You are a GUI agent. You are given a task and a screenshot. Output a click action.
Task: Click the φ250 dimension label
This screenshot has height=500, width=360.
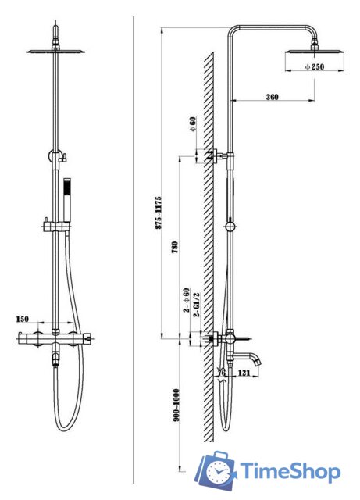coord(314,67)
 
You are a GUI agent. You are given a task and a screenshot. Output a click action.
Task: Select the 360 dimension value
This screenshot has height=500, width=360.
coord(272,97)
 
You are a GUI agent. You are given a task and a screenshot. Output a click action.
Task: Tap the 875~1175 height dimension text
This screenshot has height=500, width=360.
coord(159,213)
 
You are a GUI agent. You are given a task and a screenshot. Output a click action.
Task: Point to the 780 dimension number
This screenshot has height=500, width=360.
coord(175,248)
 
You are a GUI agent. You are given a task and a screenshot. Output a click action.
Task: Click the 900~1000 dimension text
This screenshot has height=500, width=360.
coord(176,405)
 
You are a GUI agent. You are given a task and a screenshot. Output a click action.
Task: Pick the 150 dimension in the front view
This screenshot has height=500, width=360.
coord(23,319)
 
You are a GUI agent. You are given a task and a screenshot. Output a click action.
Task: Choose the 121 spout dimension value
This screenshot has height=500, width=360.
coord(244,373)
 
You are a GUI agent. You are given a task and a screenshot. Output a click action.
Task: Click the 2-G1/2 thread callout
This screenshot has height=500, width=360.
coord(197,305)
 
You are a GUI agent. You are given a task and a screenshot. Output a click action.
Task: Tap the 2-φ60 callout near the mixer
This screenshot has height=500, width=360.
coord(186,300)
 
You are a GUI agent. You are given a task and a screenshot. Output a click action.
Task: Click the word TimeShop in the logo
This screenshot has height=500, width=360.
coord(290,471)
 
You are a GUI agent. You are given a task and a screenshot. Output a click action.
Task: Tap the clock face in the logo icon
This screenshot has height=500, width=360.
coord(219,472)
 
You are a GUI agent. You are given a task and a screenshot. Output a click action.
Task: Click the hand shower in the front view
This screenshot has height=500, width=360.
coord(67,200)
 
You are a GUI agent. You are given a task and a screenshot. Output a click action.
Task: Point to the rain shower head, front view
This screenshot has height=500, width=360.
coord(55,51)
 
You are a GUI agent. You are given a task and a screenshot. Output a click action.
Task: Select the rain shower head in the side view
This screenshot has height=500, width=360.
coord(315,51)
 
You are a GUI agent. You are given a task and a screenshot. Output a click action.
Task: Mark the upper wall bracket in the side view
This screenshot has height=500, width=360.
coord(218,156)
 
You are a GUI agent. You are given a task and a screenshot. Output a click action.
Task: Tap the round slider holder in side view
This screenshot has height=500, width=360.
coord(230,227)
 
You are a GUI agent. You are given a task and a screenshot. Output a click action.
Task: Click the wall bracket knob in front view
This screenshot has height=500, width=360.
coord(66,157)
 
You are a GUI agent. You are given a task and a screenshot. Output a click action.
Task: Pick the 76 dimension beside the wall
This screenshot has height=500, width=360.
coord(221,373)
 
